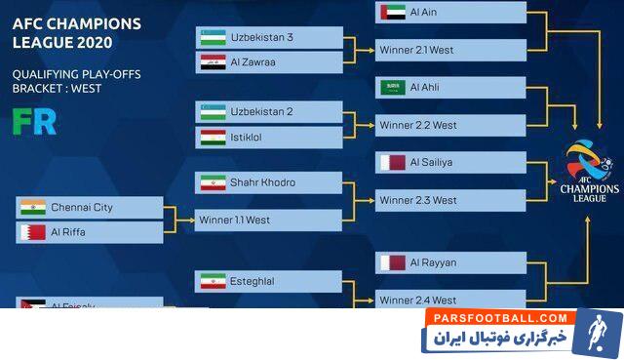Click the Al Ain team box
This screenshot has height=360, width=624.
[x=449, y=13]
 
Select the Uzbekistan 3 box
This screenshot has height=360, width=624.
[x=269, y=37]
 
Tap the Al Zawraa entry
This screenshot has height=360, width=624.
[x=269, y=61]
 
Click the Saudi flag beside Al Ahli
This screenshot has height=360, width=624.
[x=393, y=87]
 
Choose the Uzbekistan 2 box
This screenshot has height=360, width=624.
[x=269, y=111]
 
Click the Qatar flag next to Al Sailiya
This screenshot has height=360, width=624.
[x=393, y=162]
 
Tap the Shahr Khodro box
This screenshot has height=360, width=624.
[x=269, y=182]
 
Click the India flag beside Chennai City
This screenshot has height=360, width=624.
[x=33, y=208]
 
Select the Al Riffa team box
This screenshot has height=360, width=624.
[x=91, y=232]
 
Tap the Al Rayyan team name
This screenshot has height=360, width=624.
[x=433, y=262]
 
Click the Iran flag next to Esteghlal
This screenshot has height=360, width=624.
[x=213, y=281]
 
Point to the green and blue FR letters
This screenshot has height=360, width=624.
[x=33, y=121]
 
